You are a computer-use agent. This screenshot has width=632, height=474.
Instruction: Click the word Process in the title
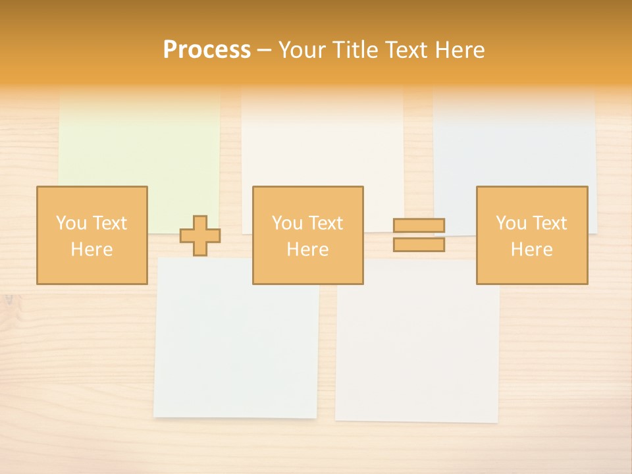click(207, 49)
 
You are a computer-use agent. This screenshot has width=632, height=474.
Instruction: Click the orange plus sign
click(200, 236)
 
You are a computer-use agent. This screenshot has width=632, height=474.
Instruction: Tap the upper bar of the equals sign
click(419, 226)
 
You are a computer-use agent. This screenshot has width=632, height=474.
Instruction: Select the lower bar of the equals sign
click(419, 244)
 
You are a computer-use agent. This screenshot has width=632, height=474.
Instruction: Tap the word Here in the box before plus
click(92, 250)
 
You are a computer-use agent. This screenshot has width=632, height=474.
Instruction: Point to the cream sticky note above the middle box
click(323, 138)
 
